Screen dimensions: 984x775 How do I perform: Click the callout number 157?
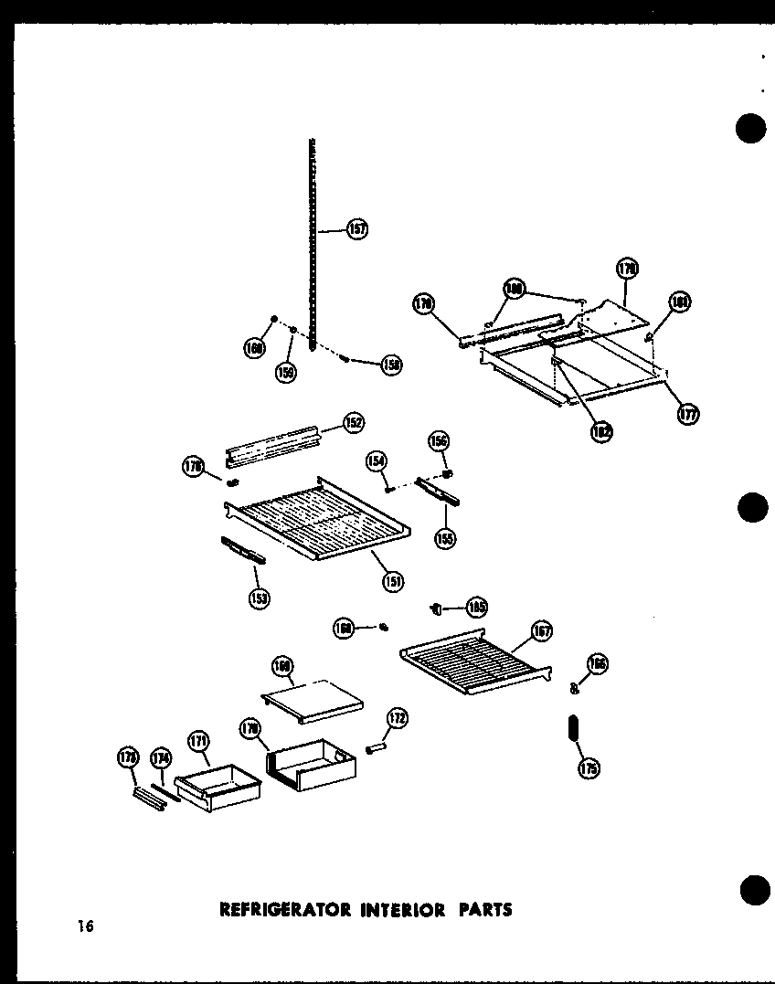[x=357, y=229]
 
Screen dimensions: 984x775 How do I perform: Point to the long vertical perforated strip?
[x=313, y=247]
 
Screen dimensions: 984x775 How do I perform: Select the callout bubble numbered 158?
[x=392, y=365]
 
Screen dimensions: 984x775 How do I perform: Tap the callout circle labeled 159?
[x=287, y=373]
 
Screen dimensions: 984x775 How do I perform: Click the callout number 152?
[x=354, y=422]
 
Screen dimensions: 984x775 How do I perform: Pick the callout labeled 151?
[x=394, y=579]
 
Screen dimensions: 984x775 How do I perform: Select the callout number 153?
[x=259, y=598]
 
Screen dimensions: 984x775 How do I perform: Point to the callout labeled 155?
[x=445, y=538]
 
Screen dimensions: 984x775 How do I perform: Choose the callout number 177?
[x=688, y=414]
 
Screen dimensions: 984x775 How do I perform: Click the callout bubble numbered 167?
[x=542, y=630]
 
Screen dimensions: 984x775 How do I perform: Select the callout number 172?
[x=398, y=718]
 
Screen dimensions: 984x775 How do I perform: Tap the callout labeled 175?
[x=589, y=768]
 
